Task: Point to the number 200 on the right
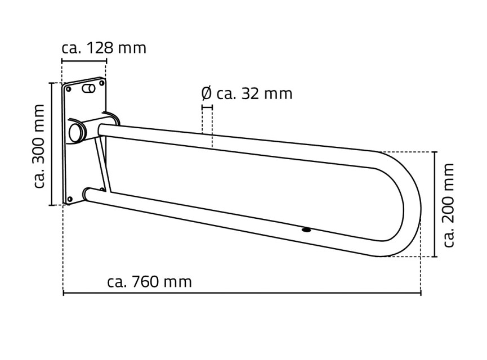pyautogui.click(x=449, y=205)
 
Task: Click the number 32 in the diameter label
pyautogui.click(x=250, y=94)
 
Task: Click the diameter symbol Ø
pyautogui.click(x=206, y=94)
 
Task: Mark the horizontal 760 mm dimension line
pyautogui.click(x=242, y=292)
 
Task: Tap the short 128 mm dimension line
pyautogui.click(x=84, y=61)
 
